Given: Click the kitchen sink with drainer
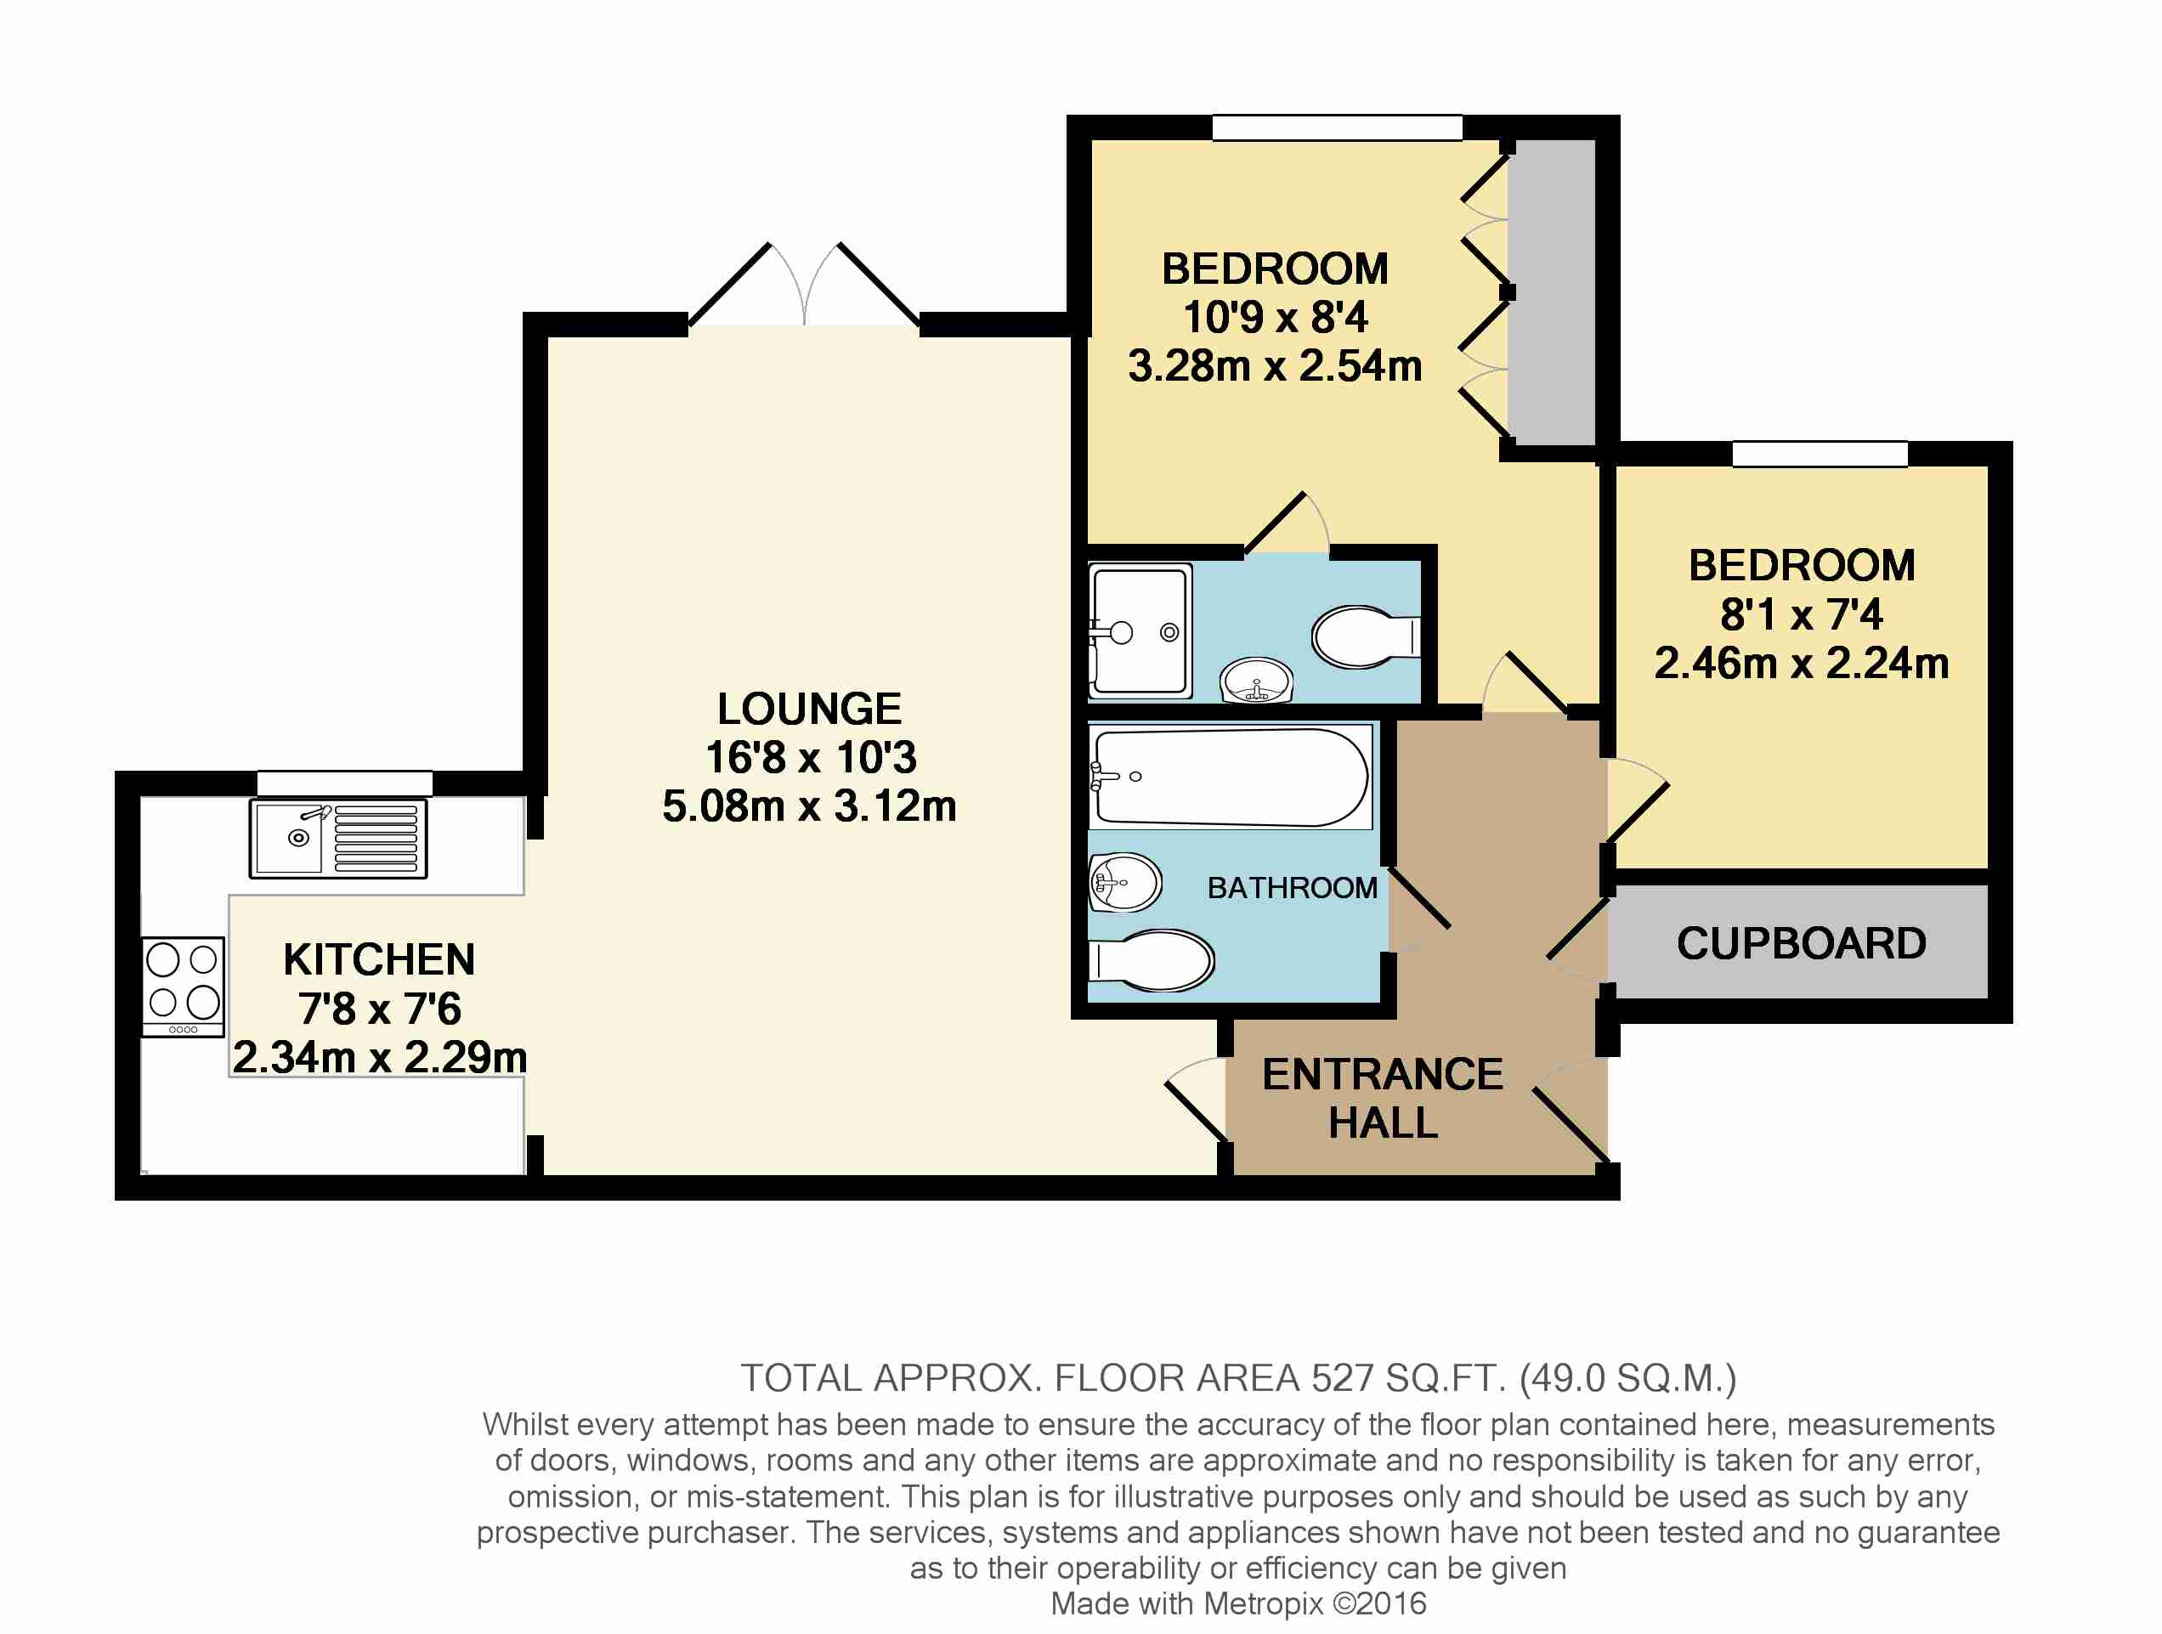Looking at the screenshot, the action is (x=338, y=839).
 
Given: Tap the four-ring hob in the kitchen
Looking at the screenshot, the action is (x=183, y=986).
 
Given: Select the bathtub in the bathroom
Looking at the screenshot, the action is (x=1231, y=777).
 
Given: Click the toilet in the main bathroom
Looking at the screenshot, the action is (x=1152, y=961).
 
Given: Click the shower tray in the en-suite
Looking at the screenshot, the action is (x=1140, y=630).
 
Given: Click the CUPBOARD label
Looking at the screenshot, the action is (x=1802, y=943).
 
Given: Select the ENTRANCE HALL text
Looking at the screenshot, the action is (x=1383, y=1098).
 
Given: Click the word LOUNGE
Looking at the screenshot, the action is (x=809, y=709).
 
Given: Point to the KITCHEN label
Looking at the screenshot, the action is (x=379, y=959).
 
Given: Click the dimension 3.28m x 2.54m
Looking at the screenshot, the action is (x=1275, y=365).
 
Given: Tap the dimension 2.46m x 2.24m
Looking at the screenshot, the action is (x=1802, y=664).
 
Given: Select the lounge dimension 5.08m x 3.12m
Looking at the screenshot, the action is (x=809, y=806).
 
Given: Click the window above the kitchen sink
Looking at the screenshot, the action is (x=345, y=783).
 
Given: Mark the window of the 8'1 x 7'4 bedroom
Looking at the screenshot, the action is (x=1820, y=454).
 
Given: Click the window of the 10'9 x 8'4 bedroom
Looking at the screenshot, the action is (x=1337, y=127).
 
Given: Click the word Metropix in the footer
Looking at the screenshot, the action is (x=1264, y=1603).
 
